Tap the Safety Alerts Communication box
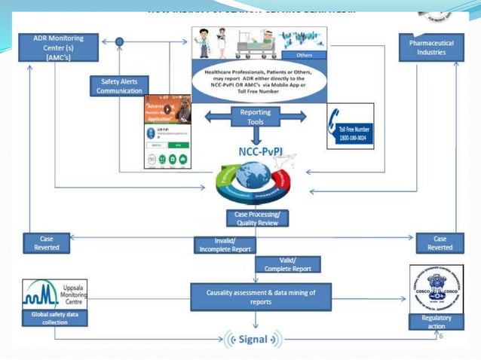pos(119,86)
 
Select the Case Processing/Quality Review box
pos(256,218)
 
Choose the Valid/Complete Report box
pos(288,264)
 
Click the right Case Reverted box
pos(440,243)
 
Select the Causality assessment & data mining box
pos(260,296)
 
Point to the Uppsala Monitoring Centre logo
pos(54,293)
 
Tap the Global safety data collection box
pos(54,318)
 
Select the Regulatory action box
pos(436,322)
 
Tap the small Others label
pos(305,55)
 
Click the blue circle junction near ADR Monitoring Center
pos(119,41)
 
